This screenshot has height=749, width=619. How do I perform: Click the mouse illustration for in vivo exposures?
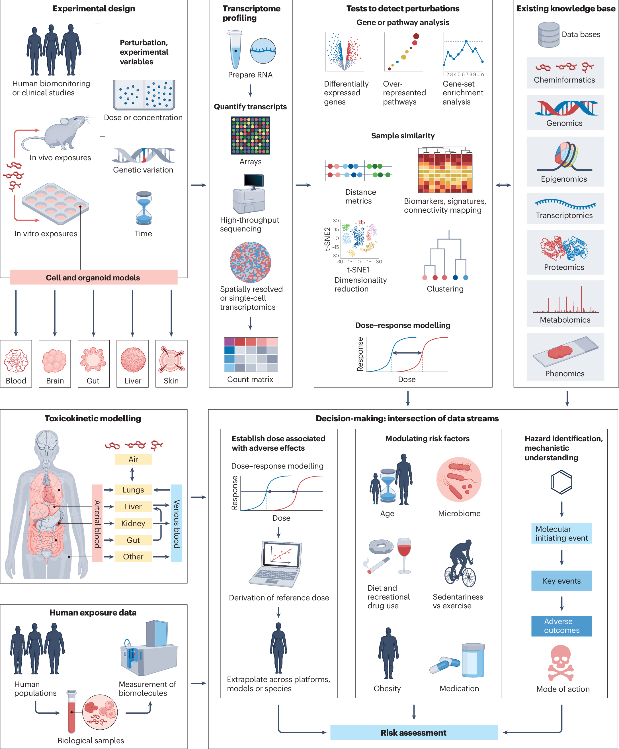tap(57, 134)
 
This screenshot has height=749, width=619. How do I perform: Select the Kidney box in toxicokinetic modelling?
tap(133, 523)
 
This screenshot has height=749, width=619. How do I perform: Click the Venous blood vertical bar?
tap(176, 523)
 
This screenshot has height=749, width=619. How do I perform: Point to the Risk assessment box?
tap(414, 732)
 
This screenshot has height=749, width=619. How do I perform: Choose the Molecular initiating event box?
tap(561, 533)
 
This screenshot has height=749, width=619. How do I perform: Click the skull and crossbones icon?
tap(561, 663)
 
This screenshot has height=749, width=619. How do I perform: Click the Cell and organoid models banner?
tap(93, 277)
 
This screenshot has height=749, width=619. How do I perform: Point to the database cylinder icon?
tap(548, 34)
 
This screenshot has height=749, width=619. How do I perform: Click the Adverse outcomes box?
tap(561, 626)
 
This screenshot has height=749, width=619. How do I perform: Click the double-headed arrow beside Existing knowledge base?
tap(503, 185)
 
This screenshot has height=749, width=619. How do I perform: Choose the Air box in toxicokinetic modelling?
tap(133, 459)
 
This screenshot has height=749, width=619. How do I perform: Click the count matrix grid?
tap(250, 354)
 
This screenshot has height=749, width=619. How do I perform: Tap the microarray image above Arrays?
tap(250, 136)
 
